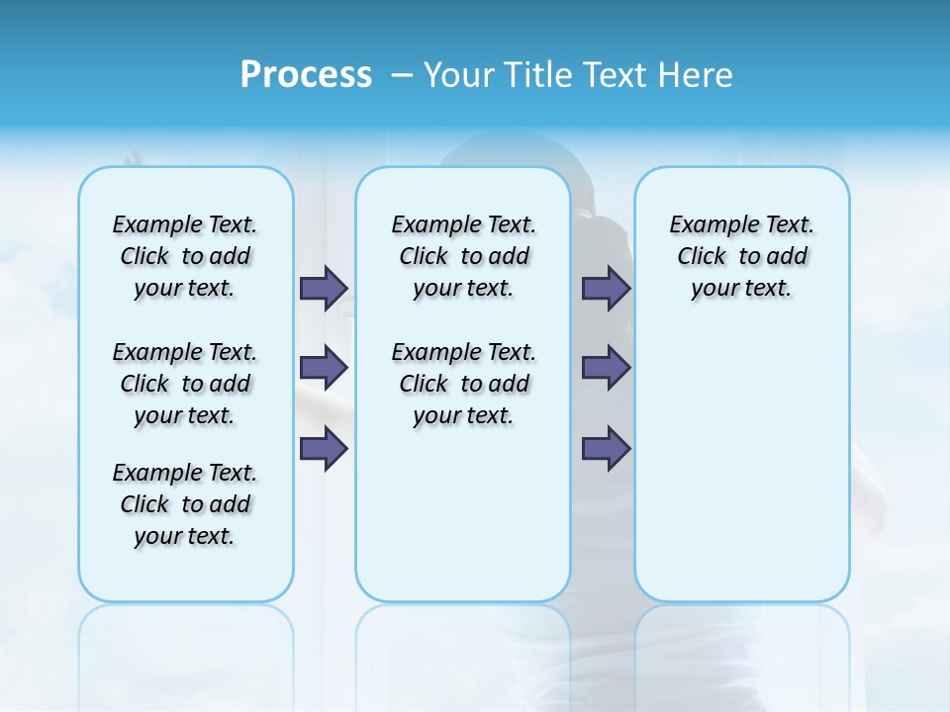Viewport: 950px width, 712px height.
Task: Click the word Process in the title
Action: [306, 75]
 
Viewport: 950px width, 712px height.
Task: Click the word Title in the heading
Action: [535, 75]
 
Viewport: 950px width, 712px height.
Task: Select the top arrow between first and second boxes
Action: [324, 288]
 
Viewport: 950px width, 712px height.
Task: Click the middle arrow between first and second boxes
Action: [324, 368]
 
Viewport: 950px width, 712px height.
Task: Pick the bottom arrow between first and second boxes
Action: [324, 448]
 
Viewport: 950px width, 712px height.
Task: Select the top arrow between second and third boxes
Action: [606, 288]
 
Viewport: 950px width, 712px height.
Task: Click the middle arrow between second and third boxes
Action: [606, 368]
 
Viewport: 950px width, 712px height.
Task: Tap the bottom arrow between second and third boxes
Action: [606, 448]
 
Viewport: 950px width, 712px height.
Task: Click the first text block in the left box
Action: [185, 256]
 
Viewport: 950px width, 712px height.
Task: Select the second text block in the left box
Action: [185, 384]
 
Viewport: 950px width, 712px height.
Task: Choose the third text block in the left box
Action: [185, 504]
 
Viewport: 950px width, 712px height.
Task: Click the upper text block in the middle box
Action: [463, 256]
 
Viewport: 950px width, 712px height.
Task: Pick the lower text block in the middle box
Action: [463, 384]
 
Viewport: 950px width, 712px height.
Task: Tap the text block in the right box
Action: [742, 256]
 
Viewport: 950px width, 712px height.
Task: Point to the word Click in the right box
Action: [702, 257]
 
